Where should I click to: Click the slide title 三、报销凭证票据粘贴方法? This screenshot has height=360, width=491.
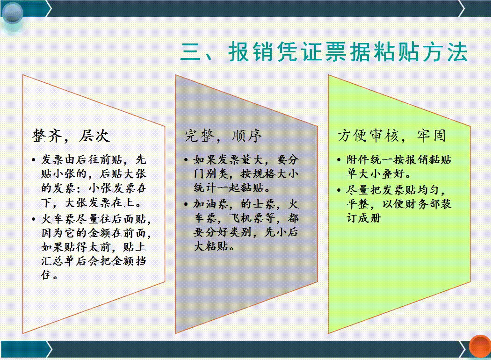tap(324, 52)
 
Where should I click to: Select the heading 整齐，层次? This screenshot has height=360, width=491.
tap(71, 136)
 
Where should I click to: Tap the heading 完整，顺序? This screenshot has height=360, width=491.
tap(223, 136)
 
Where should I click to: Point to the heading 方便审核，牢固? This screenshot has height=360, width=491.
tap(391, 136)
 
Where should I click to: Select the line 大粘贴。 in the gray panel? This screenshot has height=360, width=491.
tap(214, 246)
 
